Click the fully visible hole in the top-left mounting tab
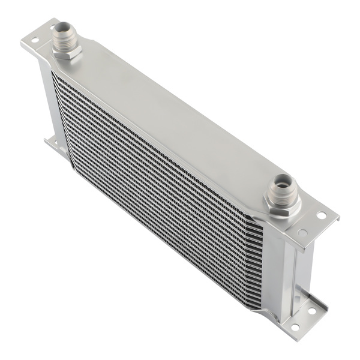35,41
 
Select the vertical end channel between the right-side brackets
288,264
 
